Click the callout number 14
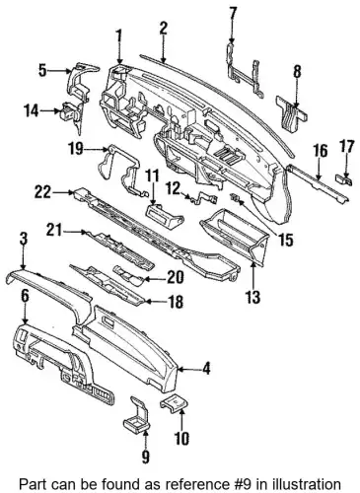[x=32, y=111]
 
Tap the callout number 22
[x=42, y=191]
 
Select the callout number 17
[x=346, y=147]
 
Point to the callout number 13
[x=252, y=297]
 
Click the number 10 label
[x=181, y=438]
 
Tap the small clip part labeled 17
[x=343, y=179]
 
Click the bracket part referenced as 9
[x=137, y=414]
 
